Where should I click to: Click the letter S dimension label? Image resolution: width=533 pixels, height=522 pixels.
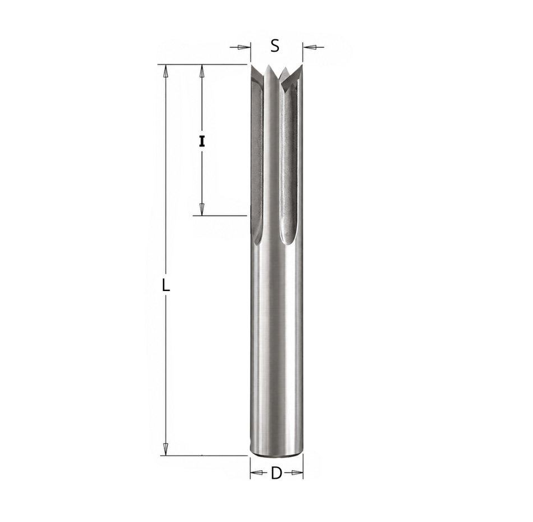point(275,46)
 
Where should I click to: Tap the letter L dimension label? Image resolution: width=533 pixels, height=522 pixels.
point(166,285)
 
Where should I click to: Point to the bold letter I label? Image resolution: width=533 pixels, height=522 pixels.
point(202,142)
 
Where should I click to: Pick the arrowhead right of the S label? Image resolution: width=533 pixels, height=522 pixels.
point(309,47)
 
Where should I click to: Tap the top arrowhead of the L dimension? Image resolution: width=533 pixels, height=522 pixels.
point(166,71)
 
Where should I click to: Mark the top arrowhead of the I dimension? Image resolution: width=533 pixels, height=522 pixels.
point(202,71)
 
